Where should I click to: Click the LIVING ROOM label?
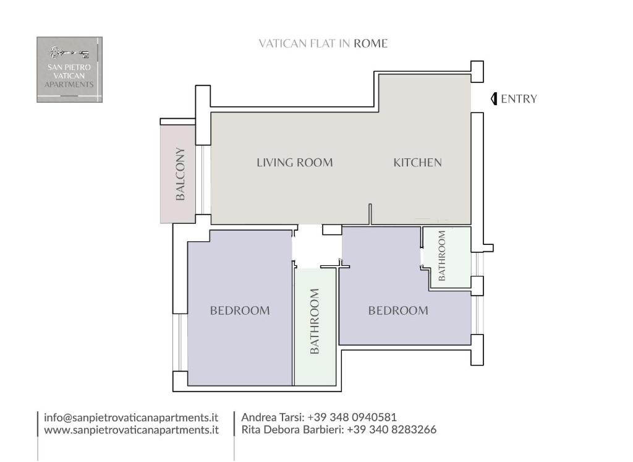click(295, 162)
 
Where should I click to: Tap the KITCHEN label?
click(417, 162)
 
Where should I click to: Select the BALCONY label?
click(180, 174)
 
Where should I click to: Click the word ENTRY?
click(519, 99)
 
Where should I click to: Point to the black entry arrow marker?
click(494, 99)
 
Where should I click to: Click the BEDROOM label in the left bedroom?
click(240, 310)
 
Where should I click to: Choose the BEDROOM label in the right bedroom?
click(398, 310)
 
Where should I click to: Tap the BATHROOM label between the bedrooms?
click(315, 322)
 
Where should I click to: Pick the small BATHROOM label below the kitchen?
click(441, 255)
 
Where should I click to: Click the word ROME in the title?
click(371, 44)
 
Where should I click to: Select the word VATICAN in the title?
click(283, 44)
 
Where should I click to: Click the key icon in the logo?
click(69, 52)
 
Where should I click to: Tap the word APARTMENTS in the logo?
click(69, 84)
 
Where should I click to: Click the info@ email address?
click(131, 417)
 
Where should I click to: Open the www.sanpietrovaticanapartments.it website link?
click(131, 430)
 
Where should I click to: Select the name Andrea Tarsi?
click(273, 417)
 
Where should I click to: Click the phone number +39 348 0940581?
click(352, 417)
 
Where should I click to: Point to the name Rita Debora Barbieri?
click(292, 429)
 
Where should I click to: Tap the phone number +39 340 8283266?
click(391, 429)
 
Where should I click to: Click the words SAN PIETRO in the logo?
click(69, 67)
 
